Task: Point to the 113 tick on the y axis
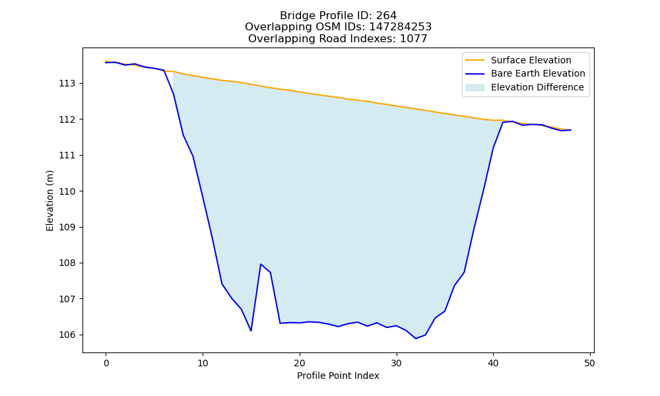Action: coord(67,84)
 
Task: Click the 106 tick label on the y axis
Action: coord(67,335)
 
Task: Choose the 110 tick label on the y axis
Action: coord(67,191)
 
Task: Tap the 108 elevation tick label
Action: coord(67,263)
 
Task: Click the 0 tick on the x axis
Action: coord(106,363)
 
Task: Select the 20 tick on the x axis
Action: coord(300,363)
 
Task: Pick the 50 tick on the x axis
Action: coord(589,363)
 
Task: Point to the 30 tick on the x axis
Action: coord(397,363)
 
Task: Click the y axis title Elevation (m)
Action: coord(49,201)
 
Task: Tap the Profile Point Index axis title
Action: coord(338,376)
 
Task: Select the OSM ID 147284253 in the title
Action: coord(401,27)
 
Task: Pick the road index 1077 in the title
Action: coord(413,39)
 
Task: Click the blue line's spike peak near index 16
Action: coord(261,264)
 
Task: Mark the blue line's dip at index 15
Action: coord(251,331)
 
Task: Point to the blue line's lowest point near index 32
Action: coord(416,339)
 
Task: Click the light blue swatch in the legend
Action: coord(475,88)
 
